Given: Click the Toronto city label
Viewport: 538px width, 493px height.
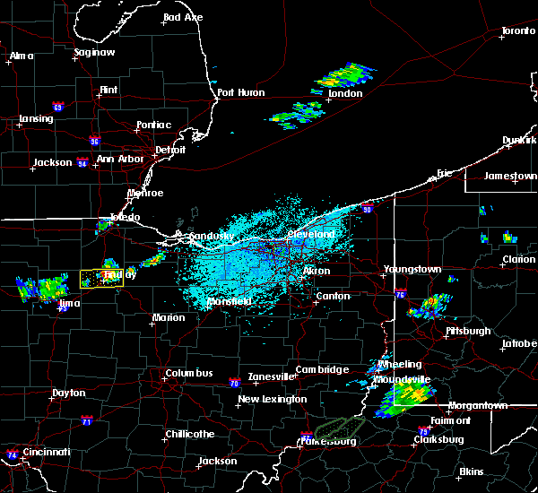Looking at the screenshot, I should [x=518, y=31].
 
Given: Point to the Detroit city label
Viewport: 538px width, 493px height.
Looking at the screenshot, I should [x=170, y=150].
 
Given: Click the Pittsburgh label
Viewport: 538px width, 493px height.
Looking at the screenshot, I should [x=468, y=331].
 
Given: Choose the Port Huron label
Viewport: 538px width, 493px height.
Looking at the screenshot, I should [x=238, y=92].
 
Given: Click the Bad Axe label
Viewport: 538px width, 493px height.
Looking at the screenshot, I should [x=183, y=18].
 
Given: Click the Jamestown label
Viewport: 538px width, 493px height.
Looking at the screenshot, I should [x=510, y=176].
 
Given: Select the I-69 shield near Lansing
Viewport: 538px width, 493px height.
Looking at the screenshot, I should [x=57, y=108].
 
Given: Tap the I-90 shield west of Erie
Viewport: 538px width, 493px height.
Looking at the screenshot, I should [x=367, y=209].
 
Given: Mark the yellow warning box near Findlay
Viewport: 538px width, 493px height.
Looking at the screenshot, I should [x=101, y=279].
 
